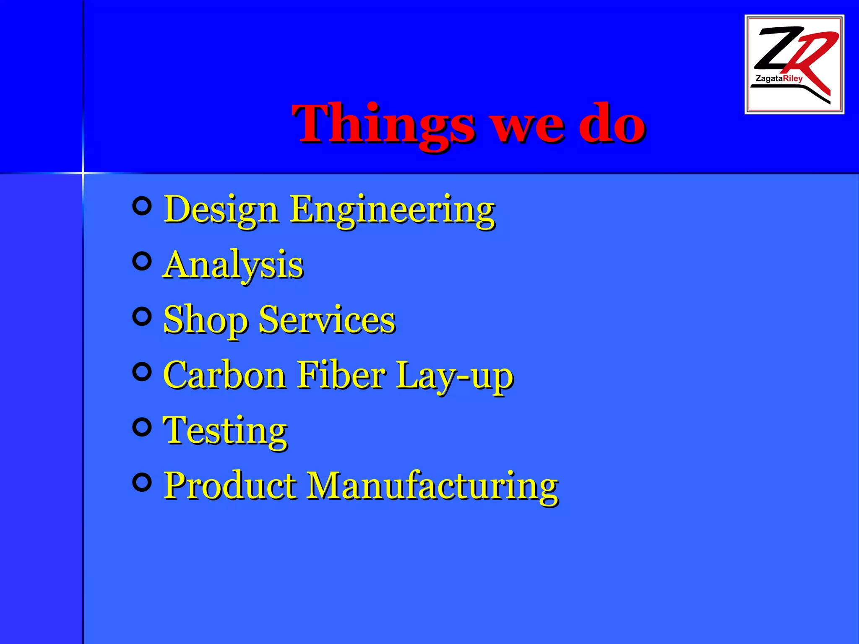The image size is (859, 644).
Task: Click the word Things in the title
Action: tap(384, 125)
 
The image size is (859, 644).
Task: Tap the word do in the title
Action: tap(612, 124)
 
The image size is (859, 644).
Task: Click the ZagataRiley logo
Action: tap(794, 64)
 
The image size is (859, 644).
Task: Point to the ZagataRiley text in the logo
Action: tap(779, 78)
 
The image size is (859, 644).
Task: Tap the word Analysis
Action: tap(233, 265)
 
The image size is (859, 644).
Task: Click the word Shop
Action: tap(206, 320)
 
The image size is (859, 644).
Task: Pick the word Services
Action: tap(327, 319)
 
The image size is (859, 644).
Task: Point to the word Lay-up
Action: tap(455, 376)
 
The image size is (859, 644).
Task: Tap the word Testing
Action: tap(225, 431)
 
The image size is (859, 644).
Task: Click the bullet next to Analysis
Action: tap(142, 262)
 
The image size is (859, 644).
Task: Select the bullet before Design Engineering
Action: tap(142, 206)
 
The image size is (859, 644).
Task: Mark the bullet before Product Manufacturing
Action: tap(142, 482)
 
